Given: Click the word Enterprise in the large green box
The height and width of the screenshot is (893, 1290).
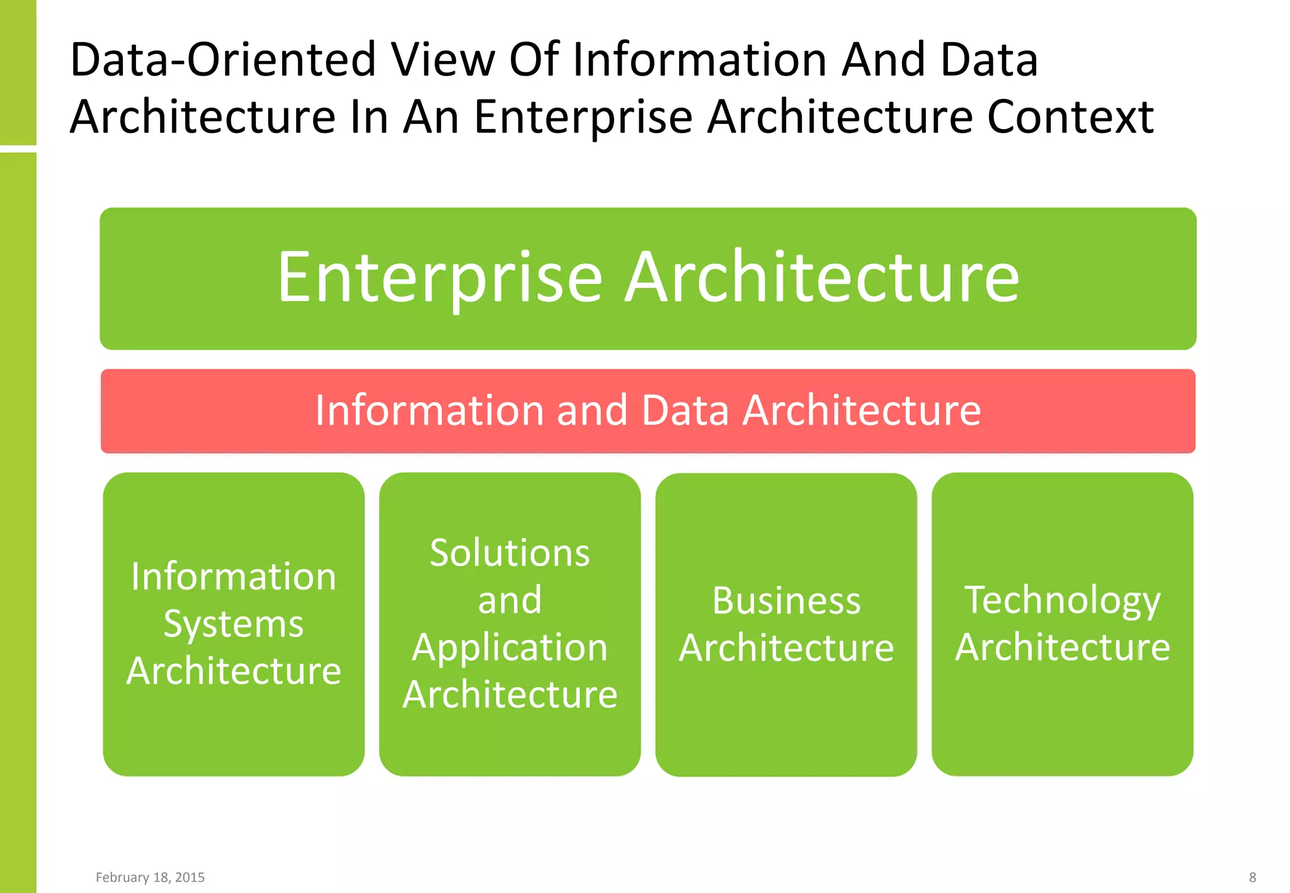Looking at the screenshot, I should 440,278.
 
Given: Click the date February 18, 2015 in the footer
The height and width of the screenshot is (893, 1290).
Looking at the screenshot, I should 150,877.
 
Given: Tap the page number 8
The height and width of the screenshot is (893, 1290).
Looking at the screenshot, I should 1252,877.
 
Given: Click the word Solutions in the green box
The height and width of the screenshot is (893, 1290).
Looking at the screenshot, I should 510,553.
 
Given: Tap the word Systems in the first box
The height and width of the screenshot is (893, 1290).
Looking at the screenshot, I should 234,624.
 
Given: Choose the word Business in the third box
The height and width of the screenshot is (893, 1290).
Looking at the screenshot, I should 786,600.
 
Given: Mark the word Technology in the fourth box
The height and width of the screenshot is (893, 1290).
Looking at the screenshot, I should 1062,600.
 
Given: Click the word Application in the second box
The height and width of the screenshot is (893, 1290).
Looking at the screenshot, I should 510,647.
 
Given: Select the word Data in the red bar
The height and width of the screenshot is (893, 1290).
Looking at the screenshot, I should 685,410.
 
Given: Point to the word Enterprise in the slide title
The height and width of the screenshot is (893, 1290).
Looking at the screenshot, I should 583,117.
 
